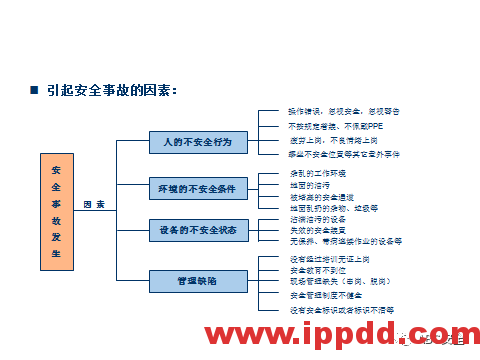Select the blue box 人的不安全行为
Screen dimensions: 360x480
coord(198,143)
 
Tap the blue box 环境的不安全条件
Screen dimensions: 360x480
coord(198,188)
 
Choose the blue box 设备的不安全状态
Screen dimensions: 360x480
coord(198,231)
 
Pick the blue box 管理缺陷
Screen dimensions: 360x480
coord(198,280)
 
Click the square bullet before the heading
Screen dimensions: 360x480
coord(35,91)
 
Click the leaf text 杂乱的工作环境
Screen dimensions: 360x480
coord(297,174)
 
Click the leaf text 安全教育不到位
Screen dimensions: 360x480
coord(297,270)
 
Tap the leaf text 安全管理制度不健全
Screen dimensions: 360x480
coord(304,296)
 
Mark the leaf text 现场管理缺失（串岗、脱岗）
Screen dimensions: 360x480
coord(324,282)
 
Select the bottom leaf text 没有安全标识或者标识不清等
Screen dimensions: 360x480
coord(327,310)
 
